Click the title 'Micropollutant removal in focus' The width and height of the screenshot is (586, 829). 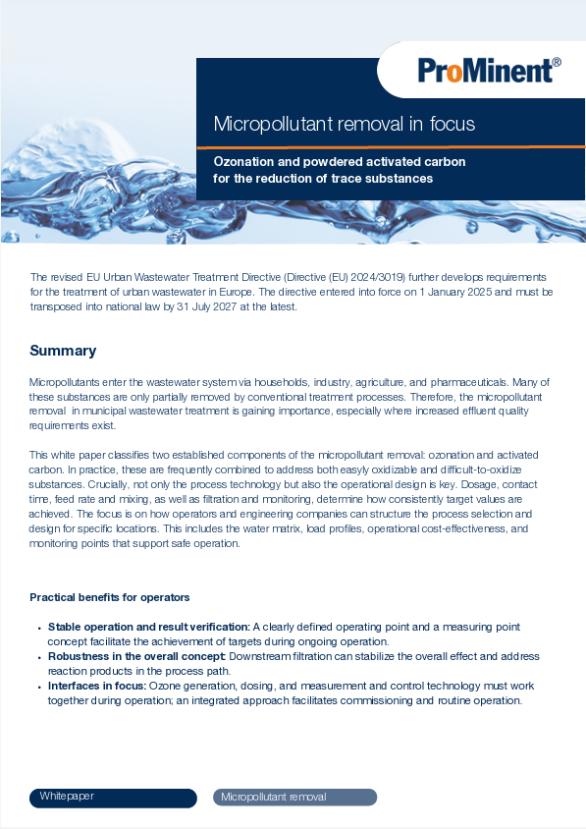tap(345, 124)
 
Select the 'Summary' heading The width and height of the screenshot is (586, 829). tap(63, 351)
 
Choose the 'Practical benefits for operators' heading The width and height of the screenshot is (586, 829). tap(109, 597)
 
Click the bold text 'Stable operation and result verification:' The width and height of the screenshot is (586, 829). tap(148, 626)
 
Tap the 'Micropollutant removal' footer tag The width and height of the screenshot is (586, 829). tap(274, 797)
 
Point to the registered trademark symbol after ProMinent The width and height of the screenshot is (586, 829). tap(557, 62)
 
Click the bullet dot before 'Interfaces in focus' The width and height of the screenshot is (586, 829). tap(39, 687)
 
